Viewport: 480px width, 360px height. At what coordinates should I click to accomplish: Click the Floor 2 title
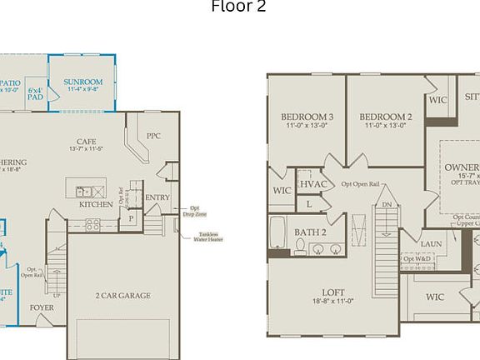coord(238,7)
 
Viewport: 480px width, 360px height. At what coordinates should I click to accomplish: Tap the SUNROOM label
coord(82,82)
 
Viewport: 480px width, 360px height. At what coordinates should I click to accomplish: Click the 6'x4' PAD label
coord(35,93)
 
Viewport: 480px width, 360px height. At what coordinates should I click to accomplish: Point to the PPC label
coord(153,136)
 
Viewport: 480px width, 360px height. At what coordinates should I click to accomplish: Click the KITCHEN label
coord(96,204)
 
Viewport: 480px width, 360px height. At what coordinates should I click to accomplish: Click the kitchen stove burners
coord(92,224)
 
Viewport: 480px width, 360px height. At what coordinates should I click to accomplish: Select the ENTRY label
coord(157,197)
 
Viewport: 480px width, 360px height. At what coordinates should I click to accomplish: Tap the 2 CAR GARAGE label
coord(122,296)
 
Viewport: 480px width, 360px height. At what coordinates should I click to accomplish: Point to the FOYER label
coord(42,307)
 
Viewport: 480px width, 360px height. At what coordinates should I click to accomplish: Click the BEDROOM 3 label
coord(307,117)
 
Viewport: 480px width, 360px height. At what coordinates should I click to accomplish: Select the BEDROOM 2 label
coord(387,117)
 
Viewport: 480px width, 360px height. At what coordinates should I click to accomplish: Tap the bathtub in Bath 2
coord(277,235)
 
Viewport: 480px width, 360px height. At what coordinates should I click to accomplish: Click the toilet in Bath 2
coord(300,246)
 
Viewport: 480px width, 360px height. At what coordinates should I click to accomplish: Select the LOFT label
coord(332,292)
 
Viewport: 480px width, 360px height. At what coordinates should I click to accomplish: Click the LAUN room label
coord(431,243)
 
